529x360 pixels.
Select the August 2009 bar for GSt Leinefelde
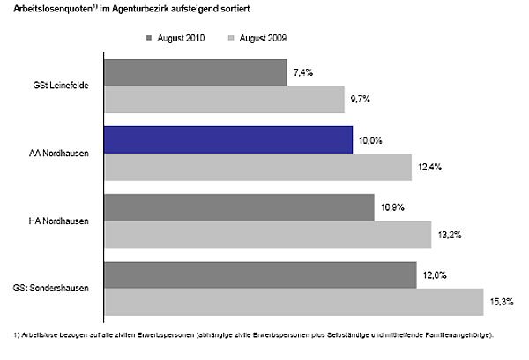(224, 99)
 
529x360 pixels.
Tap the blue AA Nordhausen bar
(228, 139)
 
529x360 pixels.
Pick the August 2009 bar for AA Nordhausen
(257, 166)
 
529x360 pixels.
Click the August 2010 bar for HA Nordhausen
(239, 207)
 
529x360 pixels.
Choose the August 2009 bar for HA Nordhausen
(268, 234)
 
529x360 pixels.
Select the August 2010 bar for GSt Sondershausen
(260, 274)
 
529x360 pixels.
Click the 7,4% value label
(302, 72)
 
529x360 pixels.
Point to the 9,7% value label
(360, 99)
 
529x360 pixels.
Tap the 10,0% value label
(370, 139)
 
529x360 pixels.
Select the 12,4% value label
(428, 166)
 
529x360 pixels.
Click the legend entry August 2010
(179, 38)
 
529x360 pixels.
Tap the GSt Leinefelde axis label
(60, 86)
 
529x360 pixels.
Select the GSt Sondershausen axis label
(51, 288)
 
